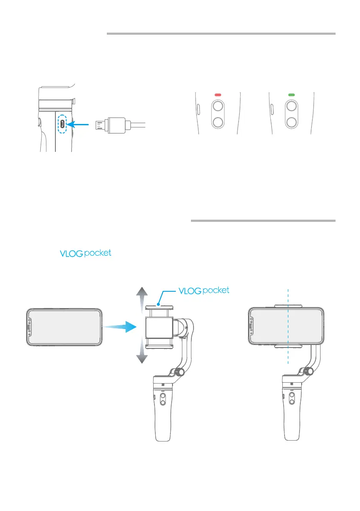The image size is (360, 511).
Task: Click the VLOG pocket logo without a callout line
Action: (x=85, y=254)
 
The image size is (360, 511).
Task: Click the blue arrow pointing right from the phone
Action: (x=121, y=327)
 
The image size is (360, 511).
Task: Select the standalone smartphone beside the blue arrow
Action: (x=64, y=326)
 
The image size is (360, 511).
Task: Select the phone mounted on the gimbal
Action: (x=285, y=326)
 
